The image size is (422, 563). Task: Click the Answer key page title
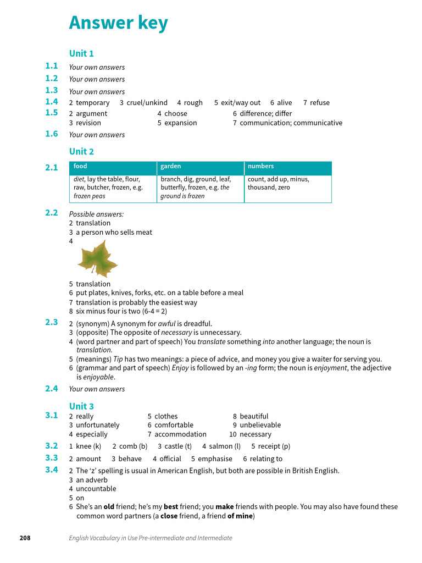click(x=118, y=23)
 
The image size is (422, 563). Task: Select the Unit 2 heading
click(x=81, y=151)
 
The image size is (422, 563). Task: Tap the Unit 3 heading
click(x=81, y=406)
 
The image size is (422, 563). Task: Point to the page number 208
click(x=25, y=538)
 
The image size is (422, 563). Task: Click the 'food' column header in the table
click(x=80, y=166)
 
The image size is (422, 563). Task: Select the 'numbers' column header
click(x=260, y=166)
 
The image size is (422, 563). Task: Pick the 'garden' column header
click(x=170, y=166)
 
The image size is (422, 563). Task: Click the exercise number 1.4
click(x=52, y=102)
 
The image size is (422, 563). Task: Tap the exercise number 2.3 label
click(x=52, y=323)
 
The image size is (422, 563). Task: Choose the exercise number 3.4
click(x=52, y=470)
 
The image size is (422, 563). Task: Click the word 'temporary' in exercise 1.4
click(x=92, y=103)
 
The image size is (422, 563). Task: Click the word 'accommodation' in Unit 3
click(x=180, y=434)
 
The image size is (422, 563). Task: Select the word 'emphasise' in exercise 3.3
click(x=215, y=459)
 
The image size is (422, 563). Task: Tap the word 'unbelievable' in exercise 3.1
click(x=260, y=425)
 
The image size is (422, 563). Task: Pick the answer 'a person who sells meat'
click(x=114, y=233)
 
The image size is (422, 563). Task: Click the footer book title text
click(x=151, y=538)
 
